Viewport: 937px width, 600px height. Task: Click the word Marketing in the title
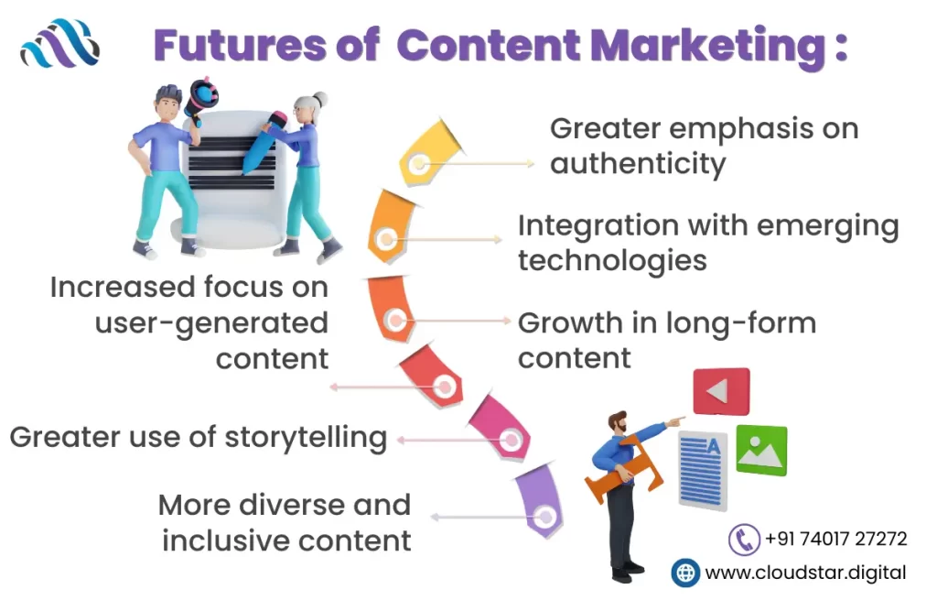(708, 47)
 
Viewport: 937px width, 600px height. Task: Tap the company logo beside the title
(59, 43)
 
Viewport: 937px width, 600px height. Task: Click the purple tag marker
(538, 501)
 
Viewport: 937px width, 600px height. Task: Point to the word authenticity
(638, 164)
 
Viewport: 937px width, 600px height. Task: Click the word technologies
(612, 261)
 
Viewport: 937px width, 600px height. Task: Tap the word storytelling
(306, 438)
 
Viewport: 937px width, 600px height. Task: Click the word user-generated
(211, 323)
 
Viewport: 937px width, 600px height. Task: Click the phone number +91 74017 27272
(836, 539)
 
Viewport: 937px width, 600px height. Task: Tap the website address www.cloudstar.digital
(805, 573)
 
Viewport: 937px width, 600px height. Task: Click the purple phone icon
(744, 540)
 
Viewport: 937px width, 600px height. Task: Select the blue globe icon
(685, 573)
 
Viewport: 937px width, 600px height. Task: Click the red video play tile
(721, 392)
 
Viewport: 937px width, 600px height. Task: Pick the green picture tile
(761, 450)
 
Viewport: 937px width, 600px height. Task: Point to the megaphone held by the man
(199, 99)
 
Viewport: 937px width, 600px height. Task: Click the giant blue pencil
(262, 142)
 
